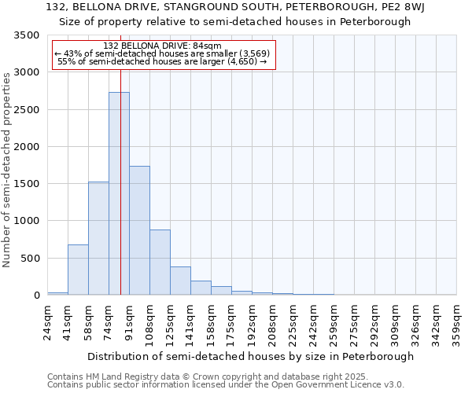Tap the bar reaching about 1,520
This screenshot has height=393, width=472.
(x=98, y=238)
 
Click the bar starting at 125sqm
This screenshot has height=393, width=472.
(x=180, y=281)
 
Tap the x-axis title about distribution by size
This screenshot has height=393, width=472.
(x=250, y=356)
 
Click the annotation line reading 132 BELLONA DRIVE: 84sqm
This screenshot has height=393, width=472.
(x=163, y=46)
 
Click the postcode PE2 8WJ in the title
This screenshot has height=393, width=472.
(x=385, y=7)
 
